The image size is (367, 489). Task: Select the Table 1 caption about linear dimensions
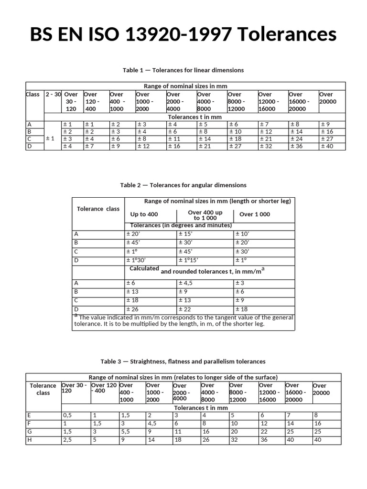[x=183, y=70]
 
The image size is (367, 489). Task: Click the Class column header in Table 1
[x=32, y=95]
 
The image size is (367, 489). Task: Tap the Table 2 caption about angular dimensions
[x=183, y=185]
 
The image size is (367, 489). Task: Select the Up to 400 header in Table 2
[x=144, y=214]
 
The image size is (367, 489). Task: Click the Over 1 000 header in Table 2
[x=255, y=214]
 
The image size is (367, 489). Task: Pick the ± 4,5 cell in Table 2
[x=188, y=283]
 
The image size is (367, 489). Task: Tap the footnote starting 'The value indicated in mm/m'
[x=183, y=320]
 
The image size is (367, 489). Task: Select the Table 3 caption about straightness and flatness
[x=183, y=361]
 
